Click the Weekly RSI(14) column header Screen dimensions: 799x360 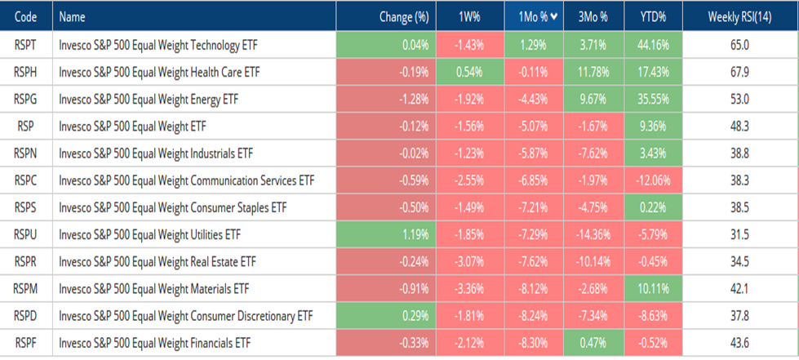(x=739, y=17)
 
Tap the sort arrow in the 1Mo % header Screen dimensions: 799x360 (x=554, y=17)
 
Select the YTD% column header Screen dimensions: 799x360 (x=653, y=17)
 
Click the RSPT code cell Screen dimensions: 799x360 (x=25, y=46)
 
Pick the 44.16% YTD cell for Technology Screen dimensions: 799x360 (x=653, y=46)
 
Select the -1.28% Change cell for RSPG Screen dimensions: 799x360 (x=386, y=100)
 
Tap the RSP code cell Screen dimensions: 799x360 (x=25, y=127)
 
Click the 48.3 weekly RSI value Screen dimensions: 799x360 (x=739, y=127)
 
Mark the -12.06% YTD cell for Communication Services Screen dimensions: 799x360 (x=653, y=180)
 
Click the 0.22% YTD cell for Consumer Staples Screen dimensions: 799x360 (x=653, y=207)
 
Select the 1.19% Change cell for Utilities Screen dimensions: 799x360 (x=386, y=234)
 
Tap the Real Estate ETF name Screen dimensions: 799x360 (x=157, y=262)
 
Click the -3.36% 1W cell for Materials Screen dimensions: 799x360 (x=470, y=289)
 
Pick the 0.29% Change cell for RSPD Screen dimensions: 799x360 (x=386, y=316)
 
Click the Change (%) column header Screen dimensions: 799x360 (x=386, y=17)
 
